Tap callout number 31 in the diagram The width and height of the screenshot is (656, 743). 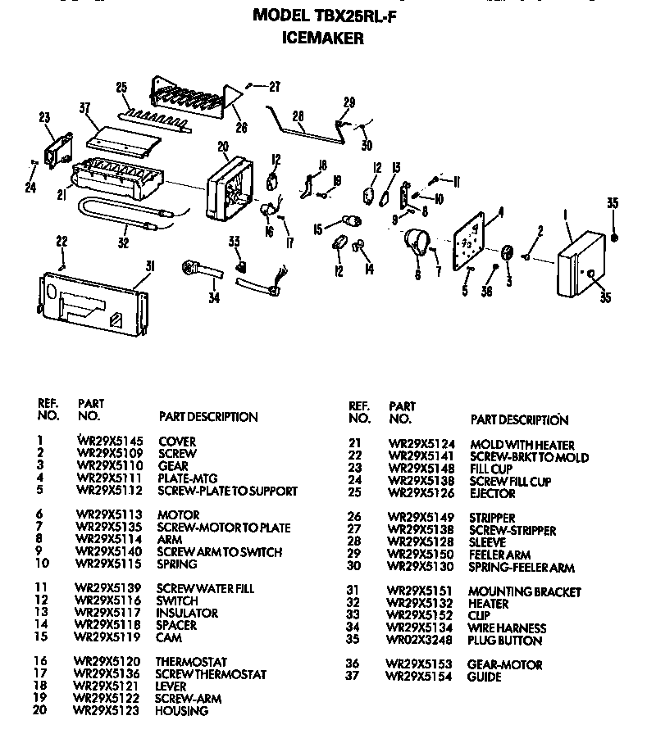point(149,265)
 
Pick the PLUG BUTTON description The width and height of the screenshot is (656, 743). point(504,641)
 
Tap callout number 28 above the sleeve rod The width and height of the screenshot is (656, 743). point(298,116)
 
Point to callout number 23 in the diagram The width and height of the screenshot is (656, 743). point(44,117)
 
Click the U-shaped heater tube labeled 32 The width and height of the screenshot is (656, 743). point(115,215)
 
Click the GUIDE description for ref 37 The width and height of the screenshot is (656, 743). point(485,677)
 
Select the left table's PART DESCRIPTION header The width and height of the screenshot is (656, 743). point(207,417)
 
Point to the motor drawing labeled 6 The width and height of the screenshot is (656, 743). point(418,243)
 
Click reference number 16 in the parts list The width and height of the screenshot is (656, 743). point(39,662)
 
